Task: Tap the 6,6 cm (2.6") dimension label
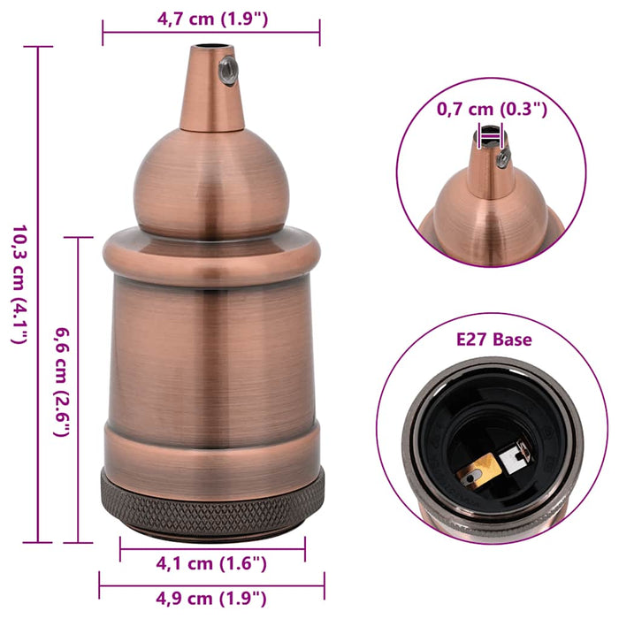pyautogui.click(x=62, y=389)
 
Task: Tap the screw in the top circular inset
pyautogui.click(x=502, y=160)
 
